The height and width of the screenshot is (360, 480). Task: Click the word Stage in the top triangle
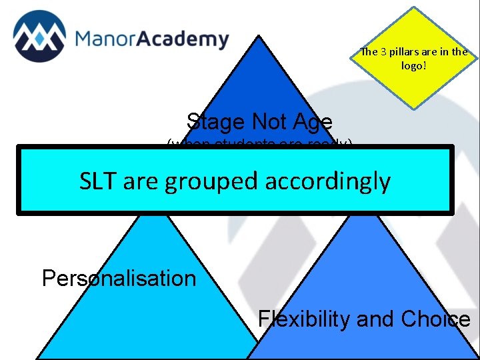pos(215,122)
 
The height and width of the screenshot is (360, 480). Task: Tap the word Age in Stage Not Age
pos(311,122)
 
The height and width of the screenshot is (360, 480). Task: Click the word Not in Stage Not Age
pos(270,122)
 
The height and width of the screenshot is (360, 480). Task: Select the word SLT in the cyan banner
pos(99,180)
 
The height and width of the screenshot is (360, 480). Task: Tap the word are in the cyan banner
pos(141,181)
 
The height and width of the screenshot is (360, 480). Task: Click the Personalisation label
pos(119,278)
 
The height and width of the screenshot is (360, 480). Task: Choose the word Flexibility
pos(304,319)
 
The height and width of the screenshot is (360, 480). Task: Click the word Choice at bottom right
pos(435,319)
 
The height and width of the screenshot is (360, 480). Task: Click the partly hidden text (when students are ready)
pos(259,143)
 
